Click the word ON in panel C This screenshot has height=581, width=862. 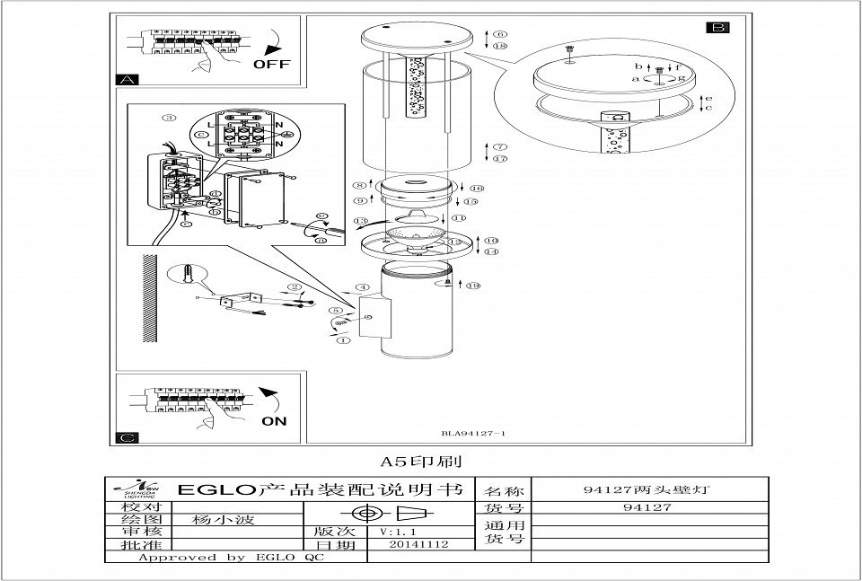275,419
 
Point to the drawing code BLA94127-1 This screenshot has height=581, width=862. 474,434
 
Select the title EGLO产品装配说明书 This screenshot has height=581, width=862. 320,490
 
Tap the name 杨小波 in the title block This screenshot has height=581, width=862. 215,519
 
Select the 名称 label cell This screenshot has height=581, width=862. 504,491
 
